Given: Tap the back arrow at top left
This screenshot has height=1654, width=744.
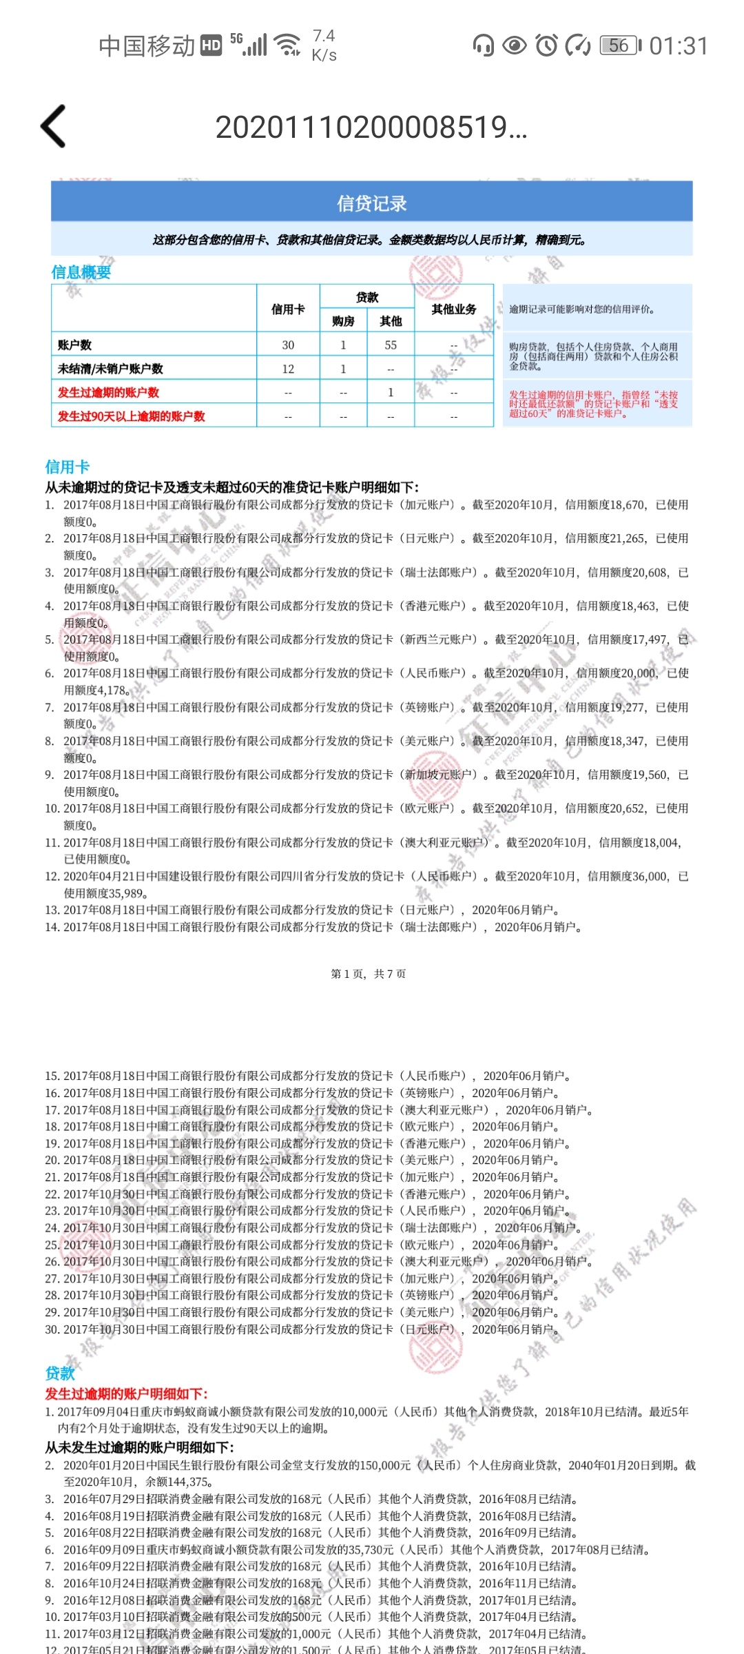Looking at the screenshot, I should [x=54, y=126].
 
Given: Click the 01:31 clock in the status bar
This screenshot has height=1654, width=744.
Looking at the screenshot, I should [x=679, y=46].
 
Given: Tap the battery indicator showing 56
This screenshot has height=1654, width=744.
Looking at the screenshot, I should [x=619, y=45].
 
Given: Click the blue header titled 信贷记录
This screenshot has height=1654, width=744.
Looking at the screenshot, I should [x=371, y=203].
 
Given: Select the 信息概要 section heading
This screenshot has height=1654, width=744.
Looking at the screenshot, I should [x=81, y=272].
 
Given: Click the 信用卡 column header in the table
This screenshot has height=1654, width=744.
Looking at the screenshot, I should [x=288, y=309].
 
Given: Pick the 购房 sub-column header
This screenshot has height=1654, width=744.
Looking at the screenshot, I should [x=343, y=321].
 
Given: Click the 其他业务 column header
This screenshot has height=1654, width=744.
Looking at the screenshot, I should [x=453, y=309].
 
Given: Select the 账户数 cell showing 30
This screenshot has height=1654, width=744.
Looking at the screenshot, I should [x=288, y=345].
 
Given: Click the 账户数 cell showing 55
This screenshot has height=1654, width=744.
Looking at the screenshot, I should [x=391, y=345].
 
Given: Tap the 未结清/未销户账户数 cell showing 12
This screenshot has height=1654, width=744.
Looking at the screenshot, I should [x=288, y=369].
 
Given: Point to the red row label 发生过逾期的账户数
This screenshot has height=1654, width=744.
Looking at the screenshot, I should [x=108, y=393].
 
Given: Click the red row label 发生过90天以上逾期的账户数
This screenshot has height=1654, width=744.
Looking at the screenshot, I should [x=131, y=416].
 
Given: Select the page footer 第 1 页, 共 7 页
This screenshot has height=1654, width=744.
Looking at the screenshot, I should [x=369, y=974].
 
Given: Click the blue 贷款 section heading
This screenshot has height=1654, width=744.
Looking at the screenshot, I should [x=60, y=1374].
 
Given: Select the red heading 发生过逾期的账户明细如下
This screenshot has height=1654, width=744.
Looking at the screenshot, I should [x=126, y=1393].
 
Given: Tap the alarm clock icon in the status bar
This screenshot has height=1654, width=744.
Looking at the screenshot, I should [x=546, y=45].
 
